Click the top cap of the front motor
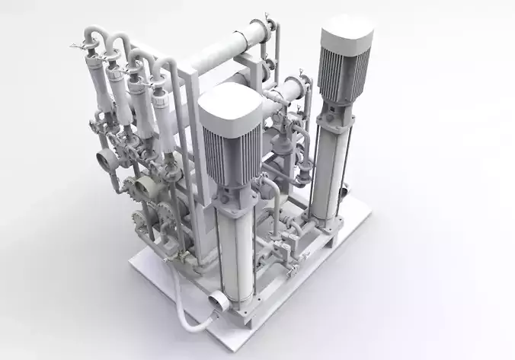point(231,104)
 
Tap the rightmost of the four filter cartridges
point(161,113)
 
